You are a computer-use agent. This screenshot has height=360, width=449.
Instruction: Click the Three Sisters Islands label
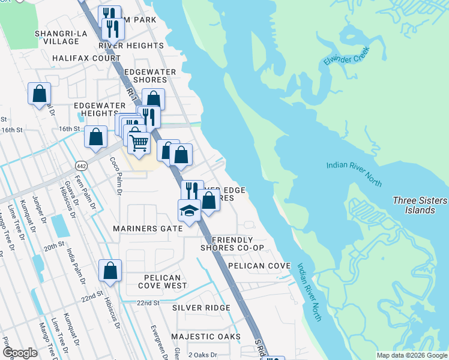[420, 205]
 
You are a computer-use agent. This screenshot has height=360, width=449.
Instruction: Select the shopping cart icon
[139, 143]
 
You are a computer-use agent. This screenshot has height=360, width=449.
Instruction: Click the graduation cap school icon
[188, 211]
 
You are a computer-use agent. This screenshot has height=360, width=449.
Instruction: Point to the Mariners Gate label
[148, 229]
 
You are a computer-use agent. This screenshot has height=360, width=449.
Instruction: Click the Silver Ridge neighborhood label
[201, 308]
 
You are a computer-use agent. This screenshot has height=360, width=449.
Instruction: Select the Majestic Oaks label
[206, 337]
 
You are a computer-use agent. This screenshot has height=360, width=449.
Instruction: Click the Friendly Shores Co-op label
[232, 243]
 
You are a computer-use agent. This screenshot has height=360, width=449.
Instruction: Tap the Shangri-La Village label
[57, 37]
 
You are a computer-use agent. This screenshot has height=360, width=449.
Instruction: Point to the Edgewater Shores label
[149, 76]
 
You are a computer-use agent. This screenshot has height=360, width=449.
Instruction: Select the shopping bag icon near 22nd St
[110, 271]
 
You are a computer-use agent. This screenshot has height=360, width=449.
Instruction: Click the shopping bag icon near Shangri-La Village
[39, 94]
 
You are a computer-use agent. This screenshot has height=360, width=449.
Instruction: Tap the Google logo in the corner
[19, 353]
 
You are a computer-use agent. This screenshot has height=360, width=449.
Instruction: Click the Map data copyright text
[411, 355]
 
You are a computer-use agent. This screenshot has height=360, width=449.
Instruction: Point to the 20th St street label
[53, 246]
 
